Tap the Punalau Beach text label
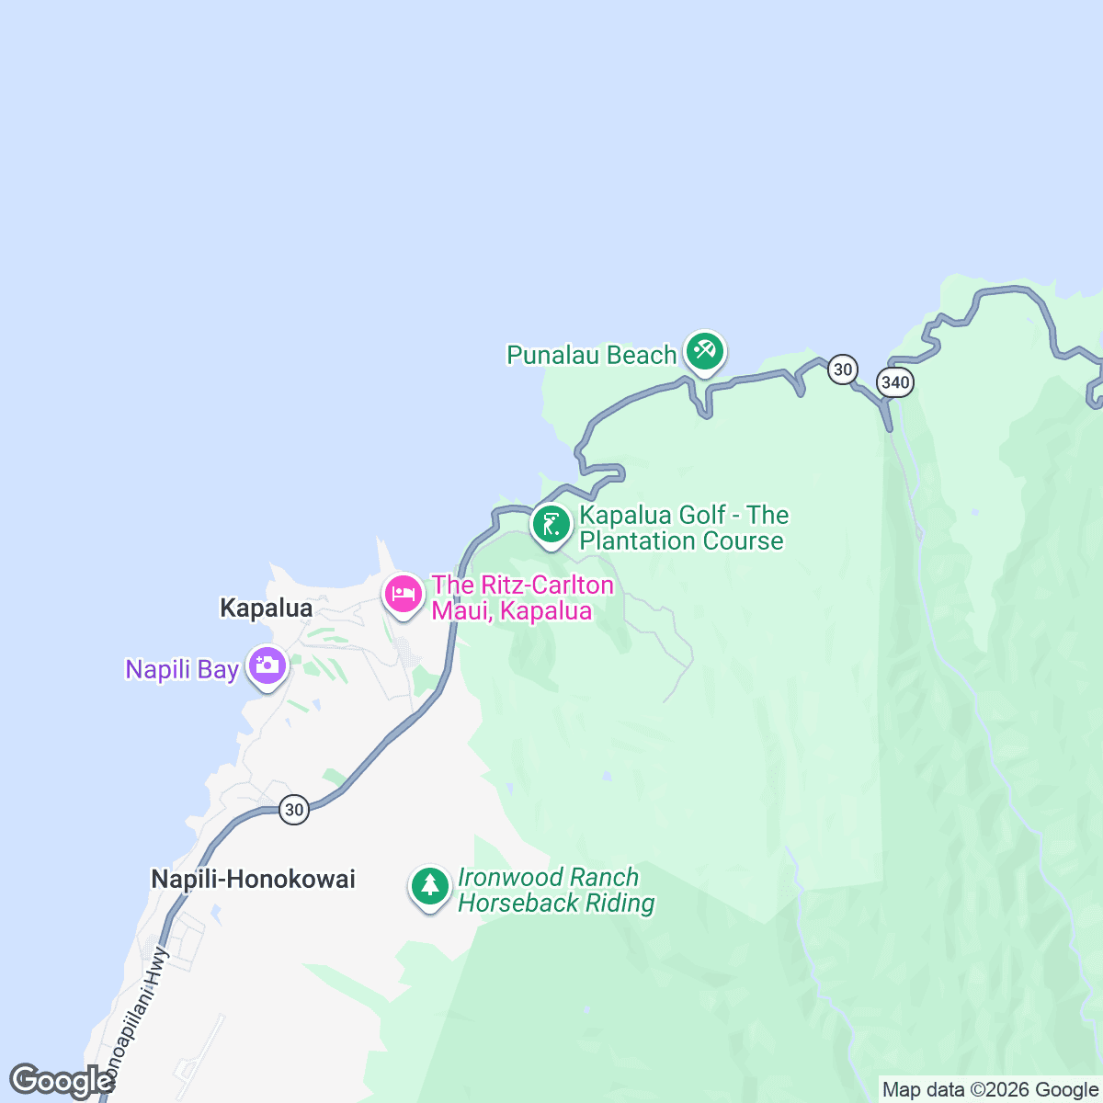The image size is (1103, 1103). tap(591, 355)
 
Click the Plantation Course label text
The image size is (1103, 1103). tap(682, 541)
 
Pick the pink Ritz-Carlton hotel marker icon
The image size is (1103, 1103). tap(403, 595)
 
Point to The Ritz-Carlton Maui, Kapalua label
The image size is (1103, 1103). tap(522, 597)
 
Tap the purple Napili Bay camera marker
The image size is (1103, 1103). tap(267, 667)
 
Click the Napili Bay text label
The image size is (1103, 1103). tap(182, 669)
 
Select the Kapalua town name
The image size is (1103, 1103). tap(266, 608)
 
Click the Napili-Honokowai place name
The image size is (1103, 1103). tap(253, 880)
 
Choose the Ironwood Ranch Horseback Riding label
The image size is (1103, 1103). tap(555, 891)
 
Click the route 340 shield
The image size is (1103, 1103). tap(894, 382)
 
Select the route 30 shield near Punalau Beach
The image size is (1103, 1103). tap(842, 370)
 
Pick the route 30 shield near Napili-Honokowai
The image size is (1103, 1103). tap(293, 810)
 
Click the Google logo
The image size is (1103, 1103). tap(62, 1081)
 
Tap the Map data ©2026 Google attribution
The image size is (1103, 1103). tap(990, 1090)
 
